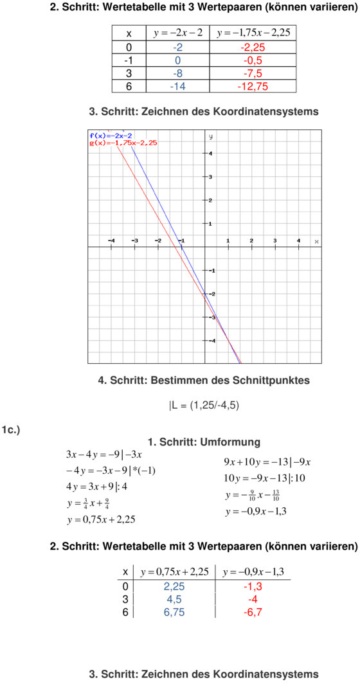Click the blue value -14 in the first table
pos(178,85)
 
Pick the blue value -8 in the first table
pos(178,73)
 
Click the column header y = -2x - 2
pos(178,33)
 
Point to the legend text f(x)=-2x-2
pos(111,136)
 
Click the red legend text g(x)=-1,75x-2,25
pos(123,143)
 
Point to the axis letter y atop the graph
pos(210,136)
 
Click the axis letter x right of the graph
pos(316,242)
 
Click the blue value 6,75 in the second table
pos(174,612)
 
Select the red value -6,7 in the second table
pos(253,612)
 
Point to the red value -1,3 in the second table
pos(253,587)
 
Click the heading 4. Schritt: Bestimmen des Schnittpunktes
pos(204,381)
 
